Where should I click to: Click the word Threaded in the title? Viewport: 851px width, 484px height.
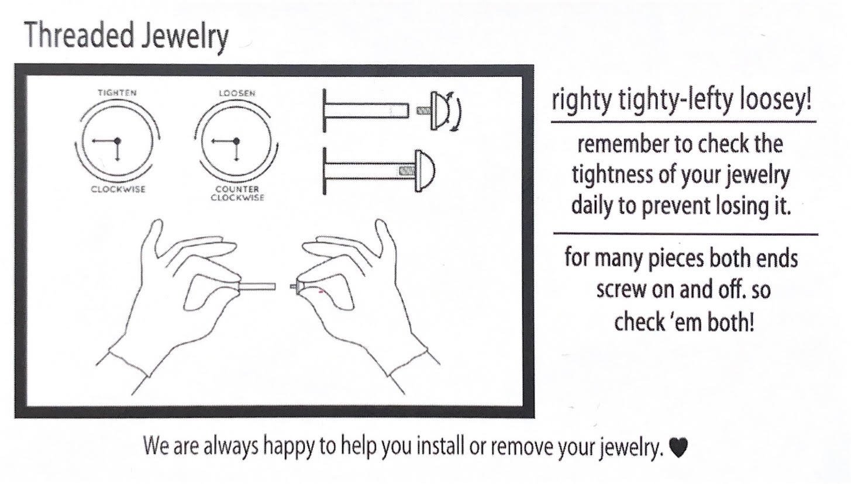(78, 36)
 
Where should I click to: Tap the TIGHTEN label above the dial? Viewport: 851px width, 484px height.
(117, 93)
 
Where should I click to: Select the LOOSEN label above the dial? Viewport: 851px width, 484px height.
(236, 93)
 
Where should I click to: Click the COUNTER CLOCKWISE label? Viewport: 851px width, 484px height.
(237, 193)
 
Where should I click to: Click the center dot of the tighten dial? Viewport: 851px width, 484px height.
(117, 140)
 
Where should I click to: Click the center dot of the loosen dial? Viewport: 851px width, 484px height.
(236, 140)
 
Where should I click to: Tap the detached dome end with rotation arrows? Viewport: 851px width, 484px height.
(439, 110)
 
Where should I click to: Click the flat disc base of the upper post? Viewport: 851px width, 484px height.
(325, 110)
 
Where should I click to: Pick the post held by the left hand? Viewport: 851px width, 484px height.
(257, 286)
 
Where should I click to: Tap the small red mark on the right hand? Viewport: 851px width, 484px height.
(321, 291)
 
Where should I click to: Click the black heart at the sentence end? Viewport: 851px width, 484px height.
(678, 448)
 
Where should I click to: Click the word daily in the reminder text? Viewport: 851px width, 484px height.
(591, 206)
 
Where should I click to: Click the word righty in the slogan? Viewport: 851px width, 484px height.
(578, 102)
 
